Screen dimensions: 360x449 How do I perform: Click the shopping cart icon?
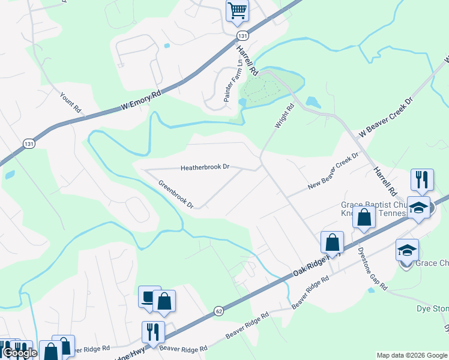(x=237, y=11)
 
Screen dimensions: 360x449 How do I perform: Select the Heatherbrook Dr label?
(x=206, y=167)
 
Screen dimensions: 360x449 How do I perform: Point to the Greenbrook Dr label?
(x=176, y=194)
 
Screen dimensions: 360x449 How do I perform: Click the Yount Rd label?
(x=70, y=103)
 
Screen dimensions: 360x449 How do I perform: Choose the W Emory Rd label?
(x=142, y=100)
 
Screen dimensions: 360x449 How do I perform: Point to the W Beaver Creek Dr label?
(x=386, y=118)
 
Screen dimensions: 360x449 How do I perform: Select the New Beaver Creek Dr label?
(x=333, y=171)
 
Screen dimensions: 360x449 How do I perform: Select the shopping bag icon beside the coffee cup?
(x=164, y=302)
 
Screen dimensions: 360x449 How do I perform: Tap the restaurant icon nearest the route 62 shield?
(x=153, y=332)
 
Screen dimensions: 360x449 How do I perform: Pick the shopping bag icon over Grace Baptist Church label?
(x=364, y=217)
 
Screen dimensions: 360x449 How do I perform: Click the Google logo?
(x=20, y=353)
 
